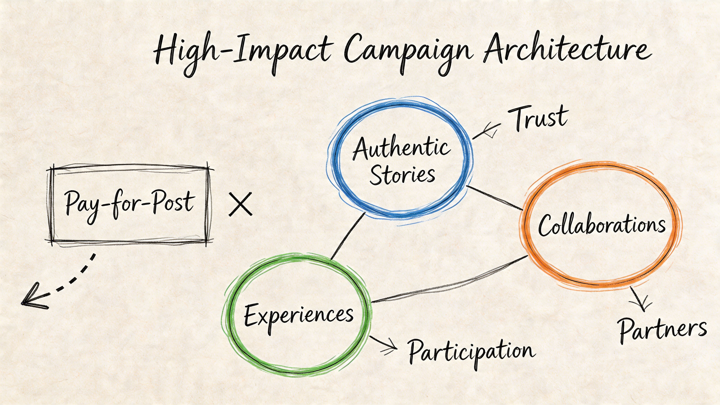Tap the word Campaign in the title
pyautogui.click(x=408, y=52)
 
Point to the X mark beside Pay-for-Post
pyautogui.click(x=240, y=204)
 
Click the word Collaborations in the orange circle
pyautogui.click(x=602, y=225)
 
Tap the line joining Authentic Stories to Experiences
pyautogui.click(x=348, y=236)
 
